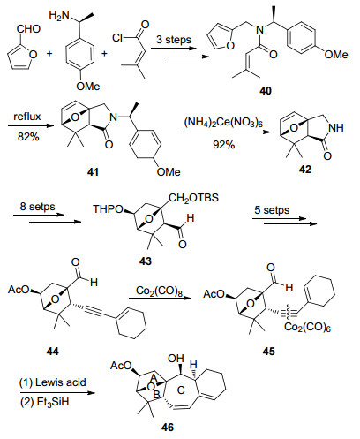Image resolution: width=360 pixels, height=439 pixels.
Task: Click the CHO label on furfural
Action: (x=28, y=29)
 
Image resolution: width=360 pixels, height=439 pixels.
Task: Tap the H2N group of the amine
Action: (x=59, y=15)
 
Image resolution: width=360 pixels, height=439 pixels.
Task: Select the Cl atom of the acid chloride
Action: (x=117, y=38)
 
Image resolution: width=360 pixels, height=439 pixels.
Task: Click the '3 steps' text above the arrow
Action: (x=174, y=40)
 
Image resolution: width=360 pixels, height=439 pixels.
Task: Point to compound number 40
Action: (x=266, y=91)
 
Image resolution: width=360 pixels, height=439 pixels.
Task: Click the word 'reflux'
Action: (x=27, y=117)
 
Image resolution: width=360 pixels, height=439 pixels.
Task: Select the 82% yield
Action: (x=28, y=137)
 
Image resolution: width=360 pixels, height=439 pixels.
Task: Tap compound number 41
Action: (x=93, y=172)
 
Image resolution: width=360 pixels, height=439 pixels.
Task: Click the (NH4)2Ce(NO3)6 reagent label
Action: (x=223, y=122)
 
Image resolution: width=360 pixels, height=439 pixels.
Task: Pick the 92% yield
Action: (x=224, y=145)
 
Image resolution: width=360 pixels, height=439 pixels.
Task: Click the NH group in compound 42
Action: (x=336, y=128)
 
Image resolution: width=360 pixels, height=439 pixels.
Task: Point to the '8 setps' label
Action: (x=37, y=206)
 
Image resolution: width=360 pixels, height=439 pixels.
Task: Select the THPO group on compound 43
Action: (x=108, y=209)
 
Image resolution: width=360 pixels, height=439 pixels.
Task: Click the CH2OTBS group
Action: (x=194, y=198)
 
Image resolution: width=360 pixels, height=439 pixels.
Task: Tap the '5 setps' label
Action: (x=272, y=210)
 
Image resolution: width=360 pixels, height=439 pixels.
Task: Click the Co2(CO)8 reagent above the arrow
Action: (x=159, y=291)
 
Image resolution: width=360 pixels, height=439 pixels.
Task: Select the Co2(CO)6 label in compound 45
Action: (x=307, y=327)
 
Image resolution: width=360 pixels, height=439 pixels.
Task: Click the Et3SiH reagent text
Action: (x=53, y=402)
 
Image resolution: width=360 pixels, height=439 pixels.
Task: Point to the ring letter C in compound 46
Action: (x=181, y=390)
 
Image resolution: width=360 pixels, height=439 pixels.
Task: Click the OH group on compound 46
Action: (x=176, y=359)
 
